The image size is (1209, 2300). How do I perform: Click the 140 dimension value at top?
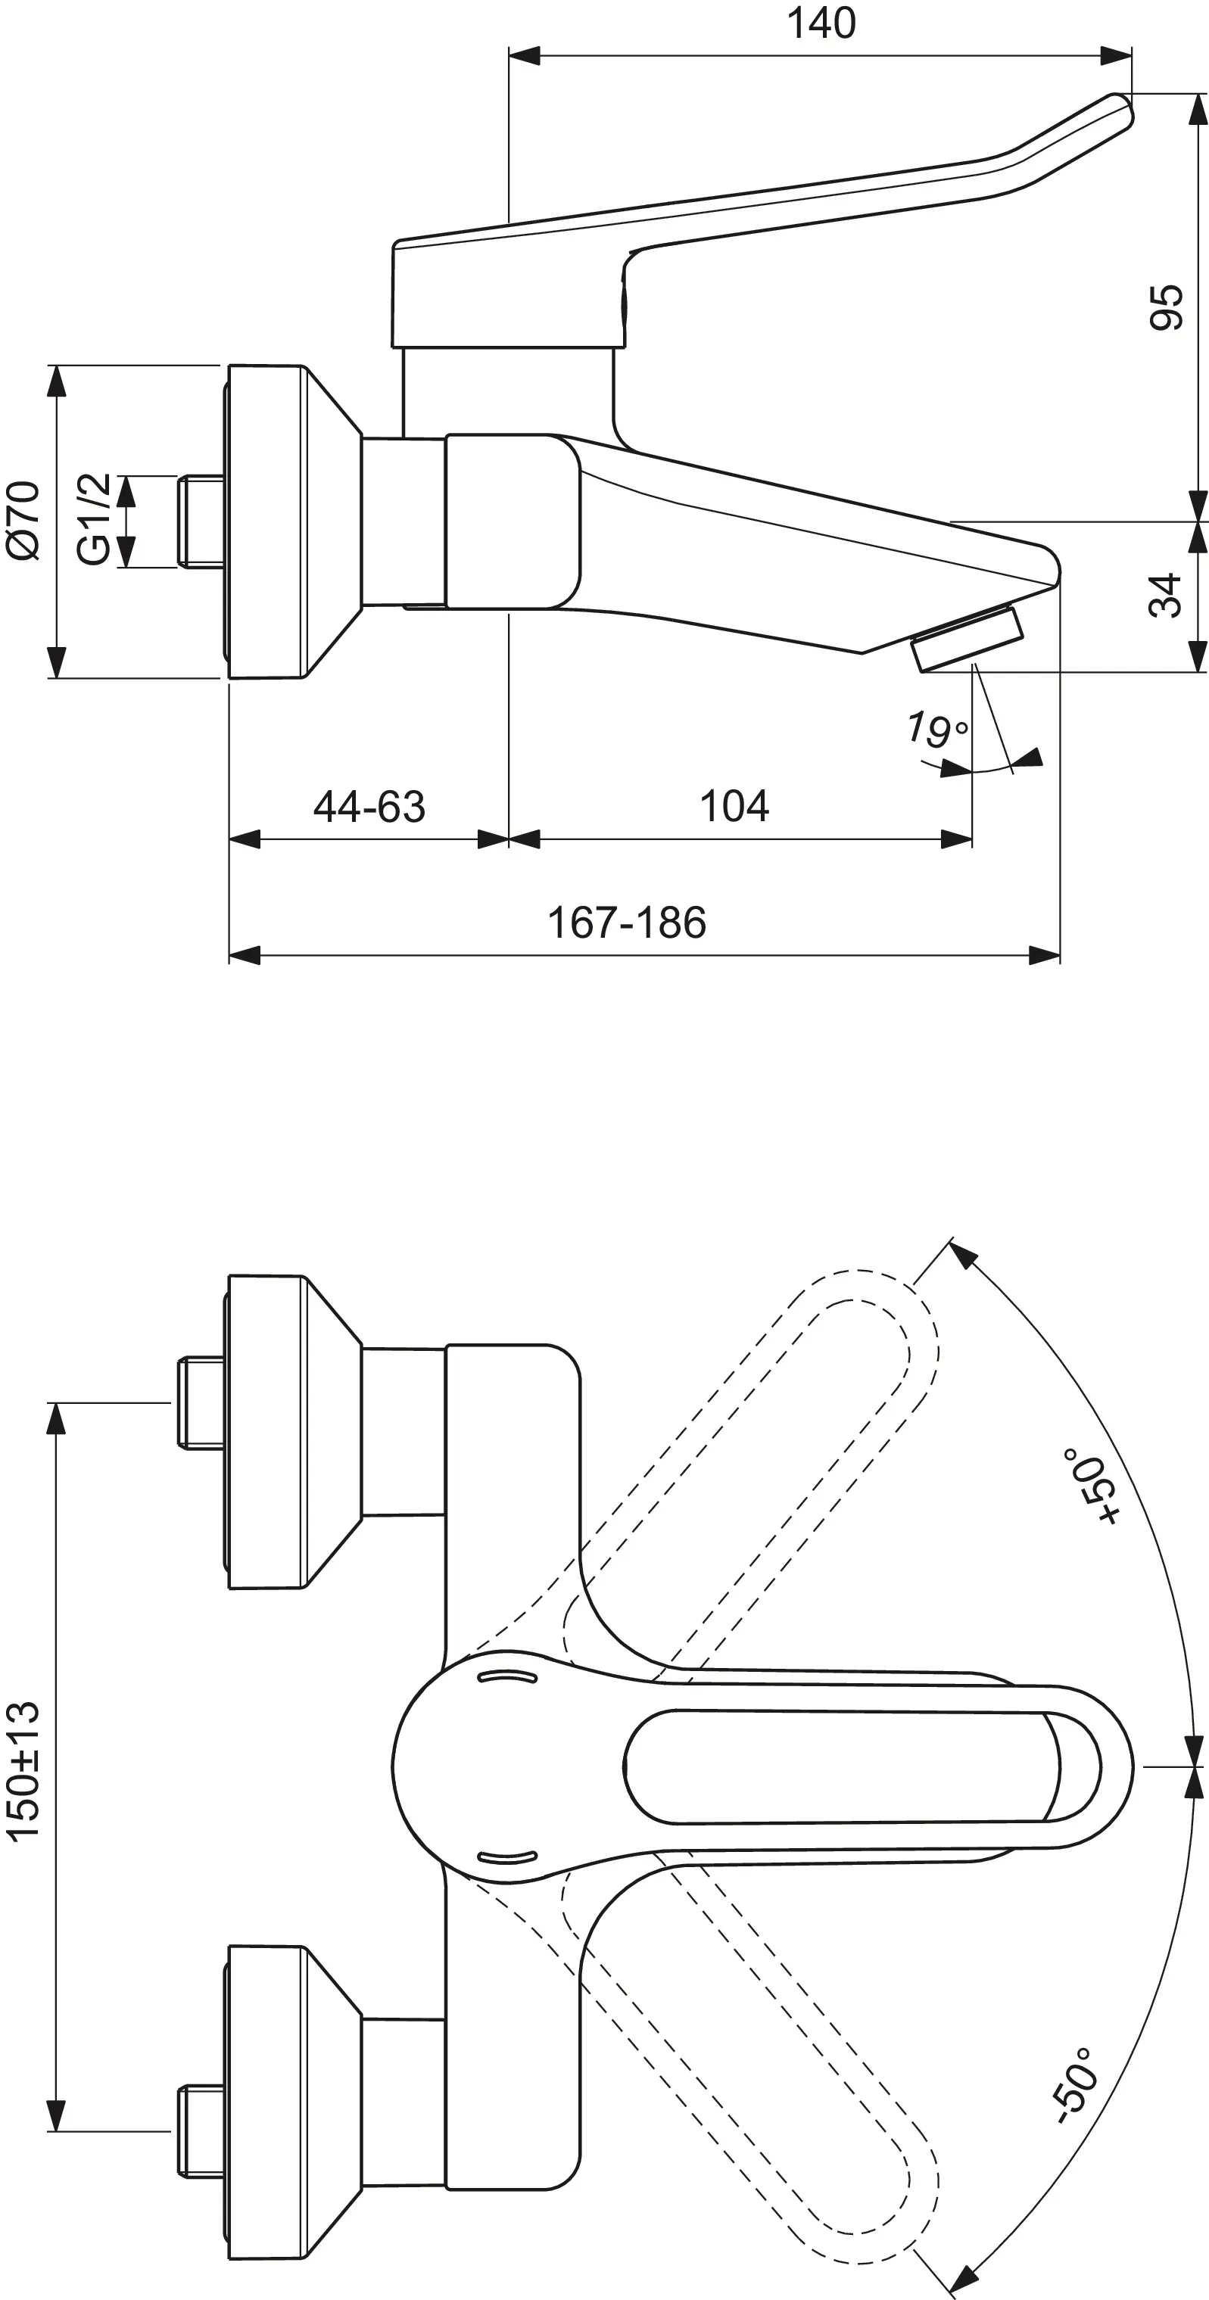tap(821, 23)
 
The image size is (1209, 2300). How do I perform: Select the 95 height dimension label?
tap(1166, 307)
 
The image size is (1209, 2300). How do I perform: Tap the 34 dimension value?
tap(1166, 596)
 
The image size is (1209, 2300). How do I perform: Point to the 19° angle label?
tap(936, 730)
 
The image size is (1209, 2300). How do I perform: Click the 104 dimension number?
tap(734, 806)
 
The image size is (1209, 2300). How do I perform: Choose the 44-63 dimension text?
tap(369, 807)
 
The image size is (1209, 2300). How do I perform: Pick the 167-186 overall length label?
tap(626, 923)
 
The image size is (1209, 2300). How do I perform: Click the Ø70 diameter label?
tap(24, 520)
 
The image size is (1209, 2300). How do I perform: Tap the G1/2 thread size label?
tap(95, 520)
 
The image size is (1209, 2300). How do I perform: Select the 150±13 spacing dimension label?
tap(24, 1770)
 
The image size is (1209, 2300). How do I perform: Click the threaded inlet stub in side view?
tap(201, 522)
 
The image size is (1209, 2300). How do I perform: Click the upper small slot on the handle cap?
tap(508, 1678)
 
